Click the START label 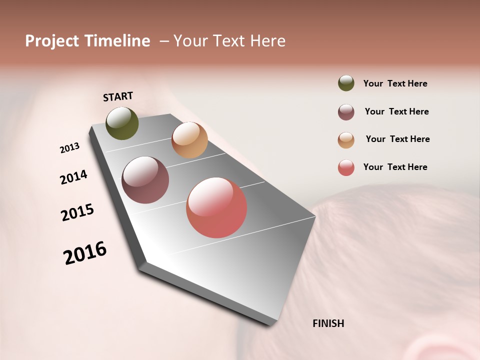pyautogui.click(x=118, y=96)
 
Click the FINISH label pyautogui.click(x=328, y=323)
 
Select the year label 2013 pyautogui.click(x=69, y=148)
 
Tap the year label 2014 pyautogui.click(x=73, y=177)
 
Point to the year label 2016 pyautogui.click(x=85, y=253)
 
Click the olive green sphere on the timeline pyautogui.click(x=122, y=123)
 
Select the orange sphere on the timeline pyautogui.click(x=189, y=140)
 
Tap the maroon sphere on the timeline pyautogui.click(x=145, y=180)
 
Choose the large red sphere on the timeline pyautogui.click(x=216, y=207)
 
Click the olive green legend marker pyautogui.click(x=346, y=83)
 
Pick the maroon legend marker pyautogui.click(x=346, y=112)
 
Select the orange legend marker pyautogui.click(x=346, y=140)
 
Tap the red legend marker pyautogui.click(x=346, y=167)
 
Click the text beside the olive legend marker pyautogui.click(x=395, y=84)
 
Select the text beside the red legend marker pyautogui.click(x=395, y=167)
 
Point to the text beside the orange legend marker pyautogui.click(x=397, y=139)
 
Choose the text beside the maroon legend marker pyautogui.click(x=396, y=111)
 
